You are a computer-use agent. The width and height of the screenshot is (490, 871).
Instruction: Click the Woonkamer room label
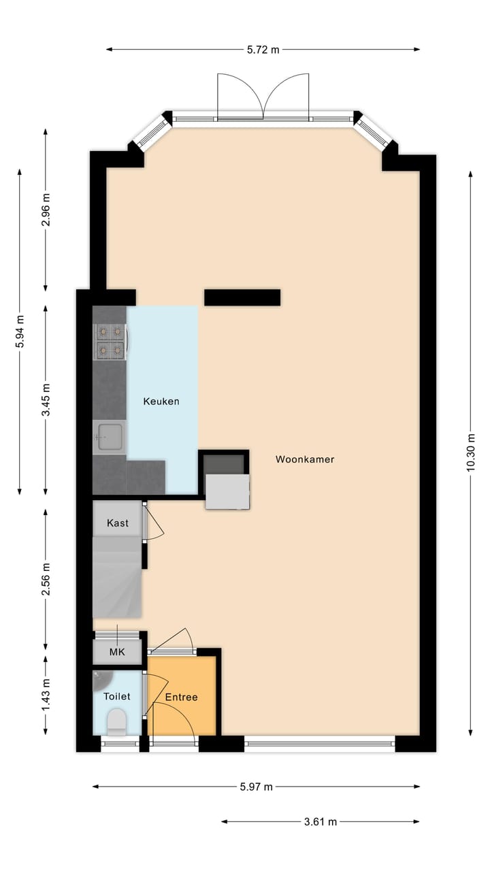point(304,459)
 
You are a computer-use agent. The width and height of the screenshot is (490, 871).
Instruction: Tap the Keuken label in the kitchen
point(161,401)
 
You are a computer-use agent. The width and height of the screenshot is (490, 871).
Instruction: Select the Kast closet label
point(118,523)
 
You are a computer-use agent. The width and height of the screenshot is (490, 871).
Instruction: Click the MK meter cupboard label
point(118,652)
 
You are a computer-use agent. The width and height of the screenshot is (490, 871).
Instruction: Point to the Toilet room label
point(116,696)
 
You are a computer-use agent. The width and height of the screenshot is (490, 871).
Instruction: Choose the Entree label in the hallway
point(181,697)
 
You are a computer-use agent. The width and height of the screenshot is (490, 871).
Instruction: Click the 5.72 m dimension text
point(263,49)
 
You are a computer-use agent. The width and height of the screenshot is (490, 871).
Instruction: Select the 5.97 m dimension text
point(256,787)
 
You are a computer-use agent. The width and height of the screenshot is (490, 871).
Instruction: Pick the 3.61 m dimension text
point(320,821)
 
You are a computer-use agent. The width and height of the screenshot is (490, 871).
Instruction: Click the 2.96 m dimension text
point(46,209)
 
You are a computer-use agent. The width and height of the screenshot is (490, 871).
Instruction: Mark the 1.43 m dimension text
point(46,695)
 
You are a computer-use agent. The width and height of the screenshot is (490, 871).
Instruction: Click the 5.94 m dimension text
point(20,332)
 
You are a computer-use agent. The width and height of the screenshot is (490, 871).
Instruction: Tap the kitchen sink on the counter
point(109,437)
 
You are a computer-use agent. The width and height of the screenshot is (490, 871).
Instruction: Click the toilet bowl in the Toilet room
point(116,721)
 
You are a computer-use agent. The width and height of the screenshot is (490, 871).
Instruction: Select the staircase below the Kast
point(116,577)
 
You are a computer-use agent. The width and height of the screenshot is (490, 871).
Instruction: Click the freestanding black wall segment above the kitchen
point(242,297)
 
